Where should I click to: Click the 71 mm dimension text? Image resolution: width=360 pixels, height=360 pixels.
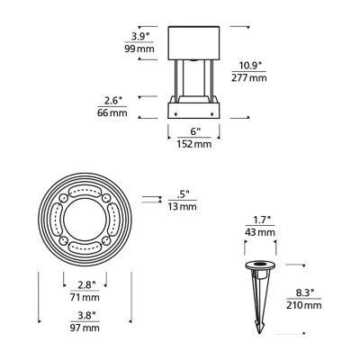86,297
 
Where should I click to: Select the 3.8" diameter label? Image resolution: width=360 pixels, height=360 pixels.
86,315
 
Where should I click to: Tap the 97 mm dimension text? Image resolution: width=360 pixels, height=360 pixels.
86,328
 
